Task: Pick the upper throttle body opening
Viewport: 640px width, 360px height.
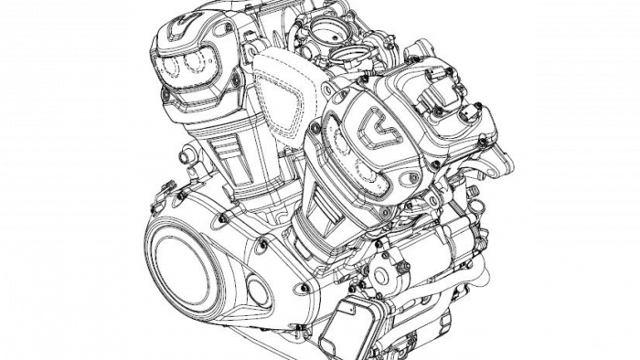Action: point(324,28)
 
